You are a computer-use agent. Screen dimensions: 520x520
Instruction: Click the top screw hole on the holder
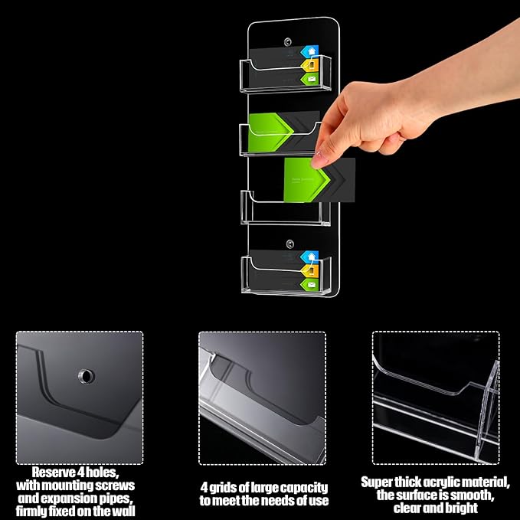click(289, 40)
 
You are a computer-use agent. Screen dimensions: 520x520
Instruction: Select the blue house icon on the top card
click(309, 52)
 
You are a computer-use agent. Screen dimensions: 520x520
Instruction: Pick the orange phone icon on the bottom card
click(309, 270)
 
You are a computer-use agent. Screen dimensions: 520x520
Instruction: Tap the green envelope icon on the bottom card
click(309, 284)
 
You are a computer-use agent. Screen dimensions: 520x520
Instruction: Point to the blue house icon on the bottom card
click(309, 257)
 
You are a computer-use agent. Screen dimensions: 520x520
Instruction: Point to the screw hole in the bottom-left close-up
click(84, 376)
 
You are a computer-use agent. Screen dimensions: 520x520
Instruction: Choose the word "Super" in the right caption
click(380, 482)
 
